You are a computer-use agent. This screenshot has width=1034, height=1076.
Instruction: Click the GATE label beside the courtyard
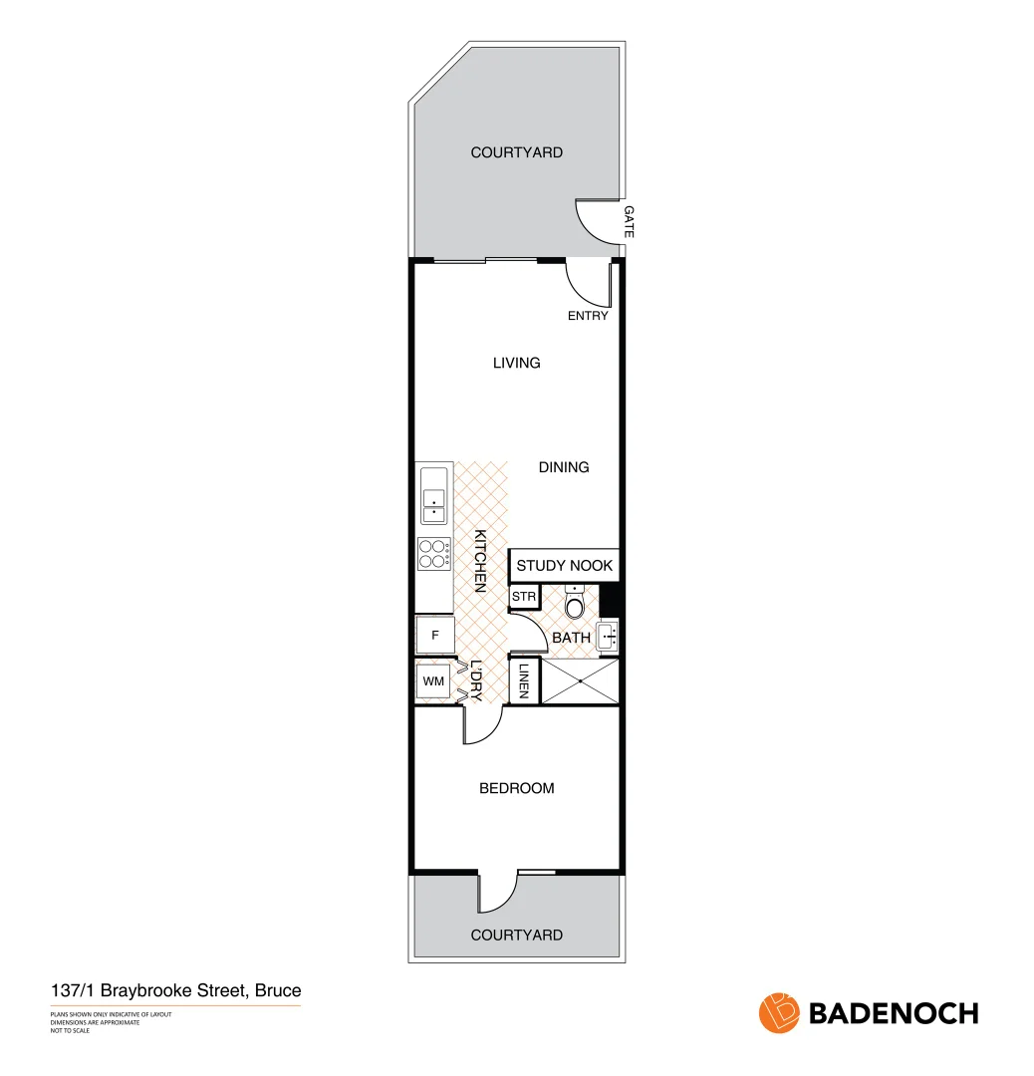[x=629, y=221]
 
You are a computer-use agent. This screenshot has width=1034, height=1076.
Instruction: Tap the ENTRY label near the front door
[x=588, y=316]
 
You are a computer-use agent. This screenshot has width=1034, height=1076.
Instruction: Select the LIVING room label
[x=516, y=363]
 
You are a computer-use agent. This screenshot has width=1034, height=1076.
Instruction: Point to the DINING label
[x=564, y=466]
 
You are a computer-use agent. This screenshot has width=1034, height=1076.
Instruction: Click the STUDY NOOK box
[x=564, y=565]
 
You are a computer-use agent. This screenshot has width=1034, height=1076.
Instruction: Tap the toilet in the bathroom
[x=575, y=603]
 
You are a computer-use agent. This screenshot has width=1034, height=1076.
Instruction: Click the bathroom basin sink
[x=608, y=634]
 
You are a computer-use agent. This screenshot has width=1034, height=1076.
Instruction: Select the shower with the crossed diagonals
[x=580, y=680]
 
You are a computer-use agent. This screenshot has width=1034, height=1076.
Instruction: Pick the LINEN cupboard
[x=524, y=681]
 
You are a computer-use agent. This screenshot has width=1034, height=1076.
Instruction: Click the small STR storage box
[x=524, y=597]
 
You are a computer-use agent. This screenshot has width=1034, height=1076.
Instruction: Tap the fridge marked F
[x=434, y=635]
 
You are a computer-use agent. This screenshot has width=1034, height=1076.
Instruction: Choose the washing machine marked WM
[x=433, y=681]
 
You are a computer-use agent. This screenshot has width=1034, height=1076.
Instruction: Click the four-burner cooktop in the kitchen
[x=433, y=553]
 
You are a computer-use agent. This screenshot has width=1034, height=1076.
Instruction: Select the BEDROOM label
[x=516, y=788]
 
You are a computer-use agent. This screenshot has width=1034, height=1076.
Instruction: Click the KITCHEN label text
[x=479, y=560]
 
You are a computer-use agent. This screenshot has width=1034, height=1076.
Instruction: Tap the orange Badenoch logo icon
[x=779, y=1013]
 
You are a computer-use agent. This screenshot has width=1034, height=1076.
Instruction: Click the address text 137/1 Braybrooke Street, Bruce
[x=175, y=991]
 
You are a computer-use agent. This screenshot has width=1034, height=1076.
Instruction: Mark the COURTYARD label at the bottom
[x=516, y=935]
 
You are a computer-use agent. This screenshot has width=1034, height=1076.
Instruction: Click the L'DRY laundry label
[x=476, y=681]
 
